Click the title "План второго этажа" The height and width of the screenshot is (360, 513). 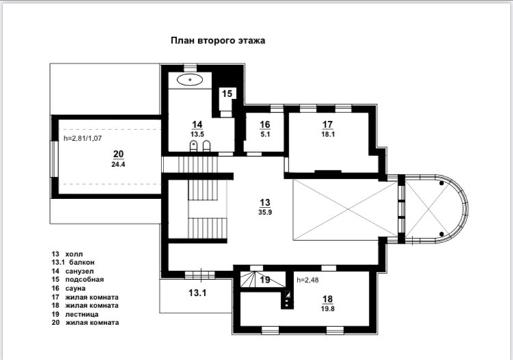[218, 40]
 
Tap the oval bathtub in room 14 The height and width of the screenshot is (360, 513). [189, 79]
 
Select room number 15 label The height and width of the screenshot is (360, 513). [227, 94]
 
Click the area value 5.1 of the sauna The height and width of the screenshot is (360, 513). [265, 134]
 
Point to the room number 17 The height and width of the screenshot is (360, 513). [328, 125]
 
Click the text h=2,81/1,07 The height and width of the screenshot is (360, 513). [83, 138]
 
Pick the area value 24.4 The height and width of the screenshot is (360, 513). [118, 165]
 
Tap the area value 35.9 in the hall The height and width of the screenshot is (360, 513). [265, 212]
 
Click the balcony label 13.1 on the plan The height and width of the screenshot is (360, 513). [197, 293]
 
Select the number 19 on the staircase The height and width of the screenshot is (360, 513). [265, 280]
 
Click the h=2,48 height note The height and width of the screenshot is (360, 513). [308, 280]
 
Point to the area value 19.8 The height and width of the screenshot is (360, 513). [328, 309]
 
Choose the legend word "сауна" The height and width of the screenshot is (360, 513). [75, 288]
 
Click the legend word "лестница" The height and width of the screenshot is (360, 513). [82, 315]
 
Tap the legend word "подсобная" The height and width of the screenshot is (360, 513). [84, 279]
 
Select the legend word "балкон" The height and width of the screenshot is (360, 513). [82, 262]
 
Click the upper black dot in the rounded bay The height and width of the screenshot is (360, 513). [441, 183]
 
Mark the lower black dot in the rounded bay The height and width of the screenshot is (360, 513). [441, 234]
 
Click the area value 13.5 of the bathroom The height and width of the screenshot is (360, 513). [197, 134]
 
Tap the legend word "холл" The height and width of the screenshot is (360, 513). [74, 254]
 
